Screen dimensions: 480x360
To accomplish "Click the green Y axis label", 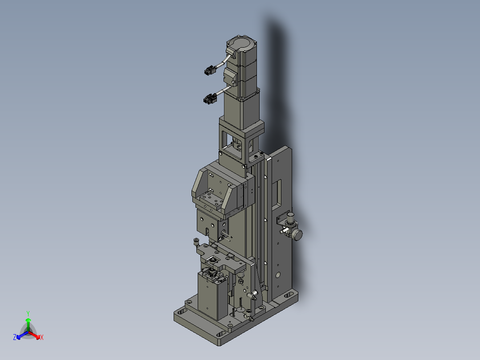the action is click(x=28, y=314).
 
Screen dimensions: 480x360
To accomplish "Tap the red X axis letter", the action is click(x=42, y=337).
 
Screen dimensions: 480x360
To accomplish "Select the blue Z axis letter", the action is click(x=15, y=337).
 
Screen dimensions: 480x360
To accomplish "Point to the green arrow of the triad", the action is click(x=28, y=324).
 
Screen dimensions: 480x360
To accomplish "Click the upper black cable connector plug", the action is click(x=209, y=71).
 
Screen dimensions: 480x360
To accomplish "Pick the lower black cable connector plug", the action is click(x=210, y=99).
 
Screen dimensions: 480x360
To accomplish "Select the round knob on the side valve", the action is click(x=297, y=235).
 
